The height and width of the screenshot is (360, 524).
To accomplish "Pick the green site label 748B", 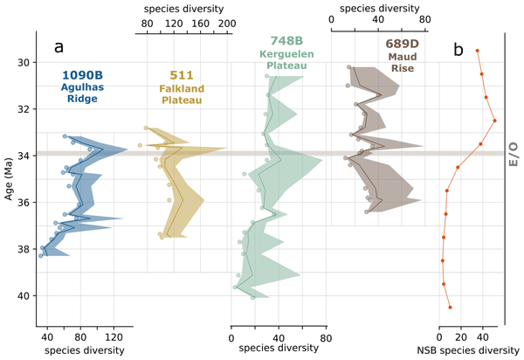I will (279, 40).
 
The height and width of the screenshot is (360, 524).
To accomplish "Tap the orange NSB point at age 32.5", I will (494, 121).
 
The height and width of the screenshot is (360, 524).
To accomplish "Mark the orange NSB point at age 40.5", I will (450, 308).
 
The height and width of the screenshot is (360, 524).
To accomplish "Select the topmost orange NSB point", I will (478, 51).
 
